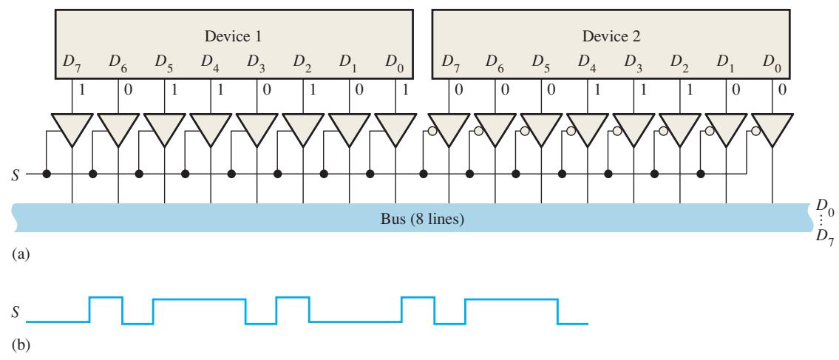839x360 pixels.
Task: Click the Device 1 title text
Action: tap(233, 37)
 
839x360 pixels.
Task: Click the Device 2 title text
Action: tap(611, 37)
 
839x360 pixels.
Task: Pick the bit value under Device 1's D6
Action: tap(128, 90)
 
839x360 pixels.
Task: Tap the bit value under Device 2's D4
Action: tap(597, 90)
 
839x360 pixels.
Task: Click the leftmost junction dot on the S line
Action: tap(47, 174)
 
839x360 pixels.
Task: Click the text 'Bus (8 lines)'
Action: tap(420, 219)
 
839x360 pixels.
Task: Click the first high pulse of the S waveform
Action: tap(106, 297)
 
